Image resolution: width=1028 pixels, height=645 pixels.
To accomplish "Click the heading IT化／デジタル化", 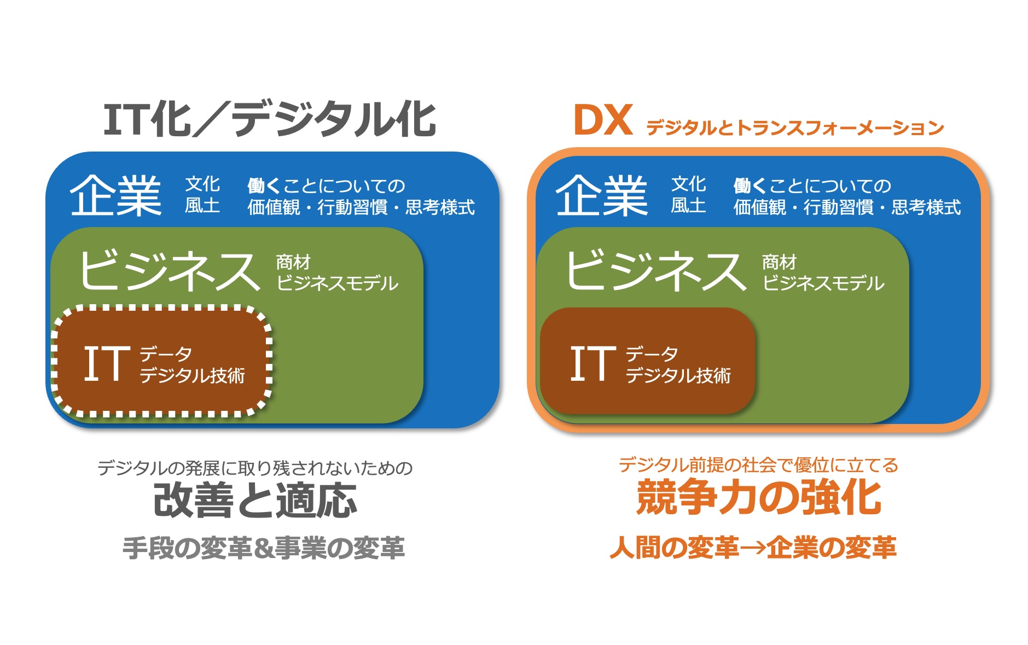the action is pyautogui.click(x=269, y=119).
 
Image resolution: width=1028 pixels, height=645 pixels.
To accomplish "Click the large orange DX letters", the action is pyautogui.click(x=603, y=120).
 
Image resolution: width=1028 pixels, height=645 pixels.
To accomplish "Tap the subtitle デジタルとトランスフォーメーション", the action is pyautogui.click(x=795, y=127).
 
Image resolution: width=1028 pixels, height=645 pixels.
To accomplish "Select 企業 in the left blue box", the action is pyautogui.click(x=115, y=195).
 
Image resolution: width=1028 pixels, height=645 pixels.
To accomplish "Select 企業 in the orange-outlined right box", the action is pyautogui.click(x=602, y=195).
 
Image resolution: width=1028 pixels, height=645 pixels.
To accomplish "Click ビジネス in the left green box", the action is pyautogui.click(x=169, y=270).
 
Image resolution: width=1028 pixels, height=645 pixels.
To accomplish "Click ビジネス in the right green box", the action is pyautogui.click(x=655, y=270).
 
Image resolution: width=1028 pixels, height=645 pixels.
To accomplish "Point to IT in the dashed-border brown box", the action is pyautogui.click(x=107, y=363).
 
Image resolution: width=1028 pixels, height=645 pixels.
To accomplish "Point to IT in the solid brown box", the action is pyautogui.click(x=593, y=363).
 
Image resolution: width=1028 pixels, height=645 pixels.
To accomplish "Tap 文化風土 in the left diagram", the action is pyautogui.click(x=202, y=195).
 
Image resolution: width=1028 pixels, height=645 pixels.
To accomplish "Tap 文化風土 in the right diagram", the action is pyautogui.click(x=688, y=195).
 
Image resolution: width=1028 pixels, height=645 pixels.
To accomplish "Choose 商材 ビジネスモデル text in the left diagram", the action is pyautogui.click(x=337, y=272).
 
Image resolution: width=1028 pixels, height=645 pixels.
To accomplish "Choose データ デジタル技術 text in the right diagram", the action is pyautogui.click(x=678, y=365).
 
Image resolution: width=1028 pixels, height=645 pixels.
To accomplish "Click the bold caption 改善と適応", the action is pyautogui.click(x=255, y=500).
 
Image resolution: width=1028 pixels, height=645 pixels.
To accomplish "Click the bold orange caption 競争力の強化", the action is pyautogui.click(x=759, y=497).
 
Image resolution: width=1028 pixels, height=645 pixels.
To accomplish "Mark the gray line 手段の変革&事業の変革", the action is pyautogui.click(x=264, y=548).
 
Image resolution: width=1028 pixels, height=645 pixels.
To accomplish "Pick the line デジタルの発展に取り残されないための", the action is pyautogui.click(x=255, y=468).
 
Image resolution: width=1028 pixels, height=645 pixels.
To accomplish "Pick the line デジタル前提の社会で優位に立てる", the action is pyautogui.click(x=759, y=465).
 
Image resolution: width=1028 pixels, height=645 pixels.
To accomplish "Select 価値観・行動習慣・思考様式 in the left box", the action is pyautogui.click(x=361, y=207).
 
